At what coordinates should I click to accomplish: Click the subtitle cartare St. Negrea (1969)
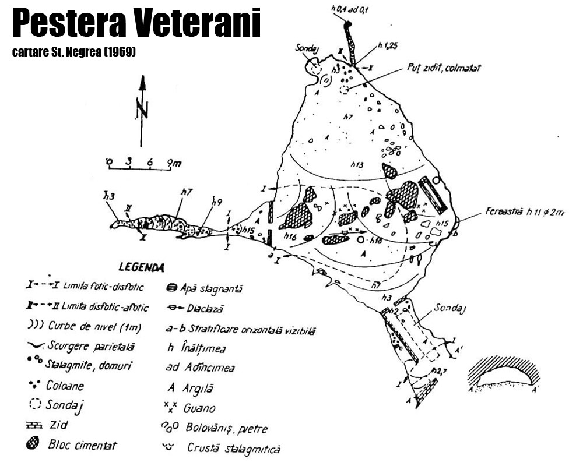[x=73, y=52]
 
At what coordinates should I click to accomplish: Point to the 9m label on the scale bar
[x=173, y=163]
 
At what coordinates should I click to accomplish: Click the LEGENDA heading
[x=142, y=268]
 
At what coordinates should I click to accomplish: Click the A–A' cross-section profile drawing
[x=503, y=376]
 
